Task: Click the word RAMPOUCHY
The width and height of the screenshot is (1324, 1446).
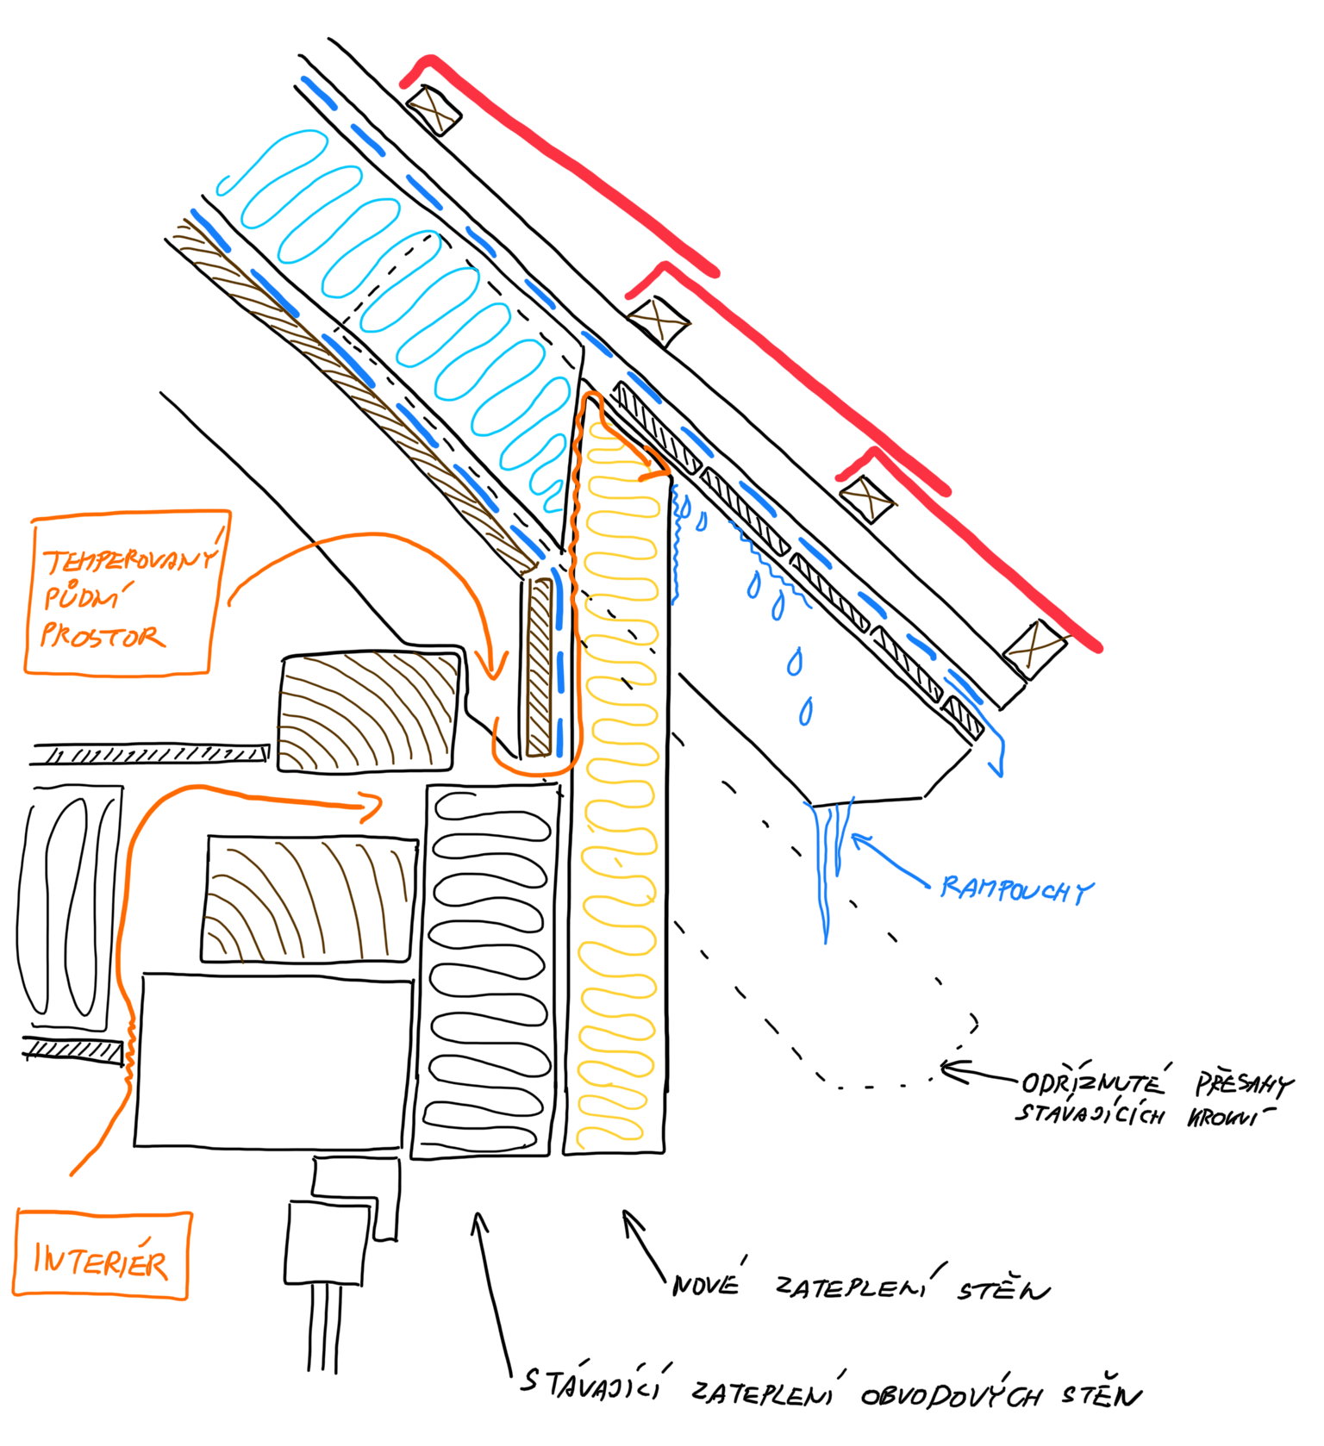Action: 1016,888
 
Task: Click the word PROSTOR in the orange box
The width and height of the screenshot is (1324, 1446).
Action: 102,636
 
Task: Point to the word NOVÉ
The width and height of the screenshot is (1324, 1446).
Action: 706,1285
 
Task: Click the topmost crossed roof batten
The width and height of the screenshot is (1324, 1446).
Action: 433,109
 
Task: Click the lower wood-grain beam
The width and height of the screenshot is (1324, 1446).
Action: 309,899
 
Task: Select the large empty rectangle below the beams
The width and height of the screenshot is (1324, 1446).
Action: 272,1060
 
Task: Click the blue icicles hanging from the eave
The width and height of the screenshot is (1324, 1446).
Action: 829,862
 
